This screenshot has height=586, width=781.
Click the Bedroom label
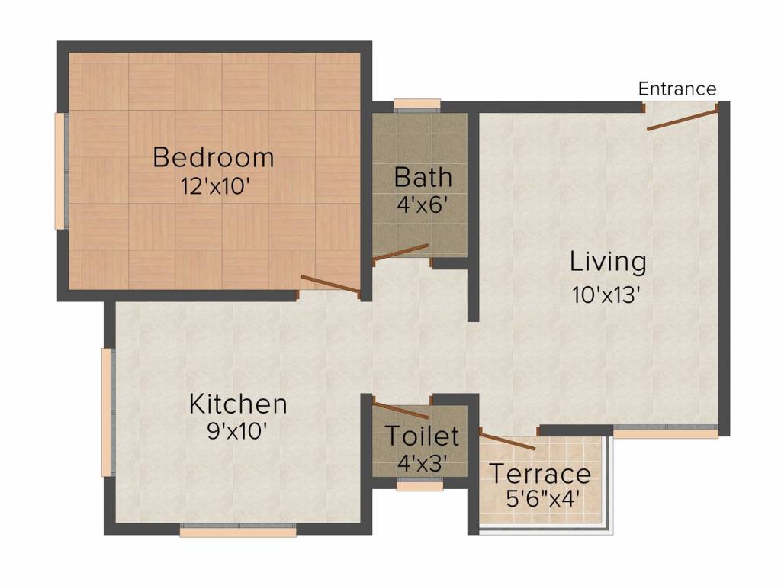coord(214,157)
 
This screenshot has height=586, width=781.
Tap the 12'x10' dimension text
coord(214,187)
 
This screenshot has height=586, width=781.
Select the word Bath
coord(423,177)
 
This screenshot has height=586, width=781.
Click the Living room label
coord(608,262)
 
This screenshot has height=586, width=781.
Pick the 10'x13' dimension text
coord(606,295)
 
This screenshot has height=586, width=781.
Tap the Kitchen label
coord(238,404)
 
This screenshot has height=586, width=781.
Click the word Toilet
coord(422,436)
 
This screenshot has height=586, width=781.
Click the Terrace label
coord(541,473)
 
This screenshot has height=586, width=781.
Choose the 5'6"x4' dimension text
coord(542,498)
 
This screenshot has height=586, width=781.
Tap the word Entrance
coord(677,89)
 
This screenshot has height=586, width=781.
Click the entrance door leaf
coord(683,120)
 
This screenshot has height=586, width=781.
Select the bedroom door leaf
coord(329,284)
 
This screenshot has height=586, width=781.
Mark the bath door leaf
coord(400,252)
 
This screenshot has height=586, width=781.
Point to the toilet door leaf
coord(400,410)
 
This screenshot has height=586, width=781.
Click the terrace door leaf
coord(507,442)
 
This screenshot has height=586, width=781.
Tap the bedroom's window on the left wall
coord(61,171)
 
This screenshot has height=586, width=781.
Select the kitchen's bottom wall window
coord(238,531)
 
